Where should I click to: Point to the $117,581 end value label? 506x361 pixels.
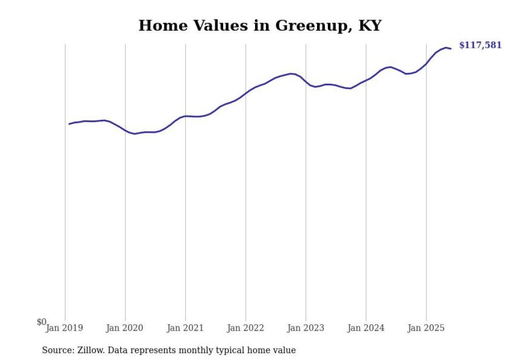coord(480,45)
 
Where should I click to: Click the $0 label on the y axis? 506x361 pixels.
coord(41,322)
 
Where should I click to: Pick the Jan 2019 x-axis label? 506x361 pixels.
coord(65,328)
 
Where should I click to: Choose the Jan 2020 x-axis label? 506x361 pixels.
coord(125,328)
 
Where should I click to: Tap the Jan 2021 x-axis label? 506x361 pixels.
coord(185,328)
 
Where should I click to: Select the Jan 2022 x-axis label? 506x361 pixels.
coord(246,328)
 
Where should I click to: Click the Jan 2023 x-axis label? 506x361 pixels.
coord(306,328)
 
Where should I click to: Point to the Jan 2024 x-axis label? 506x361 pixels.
coord(366,328)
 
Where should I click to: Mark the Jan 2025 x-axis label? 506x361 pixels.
coord(426,328)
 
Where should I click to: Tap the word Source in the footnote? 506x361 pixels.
coord(57,350)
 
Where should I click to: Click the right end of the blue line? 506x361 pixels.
coord(451,49)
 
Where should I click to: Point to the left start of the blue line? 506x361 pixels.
coord(69,124)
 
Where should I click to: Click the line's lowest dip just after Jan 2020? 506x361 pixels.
coord(135,134)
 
